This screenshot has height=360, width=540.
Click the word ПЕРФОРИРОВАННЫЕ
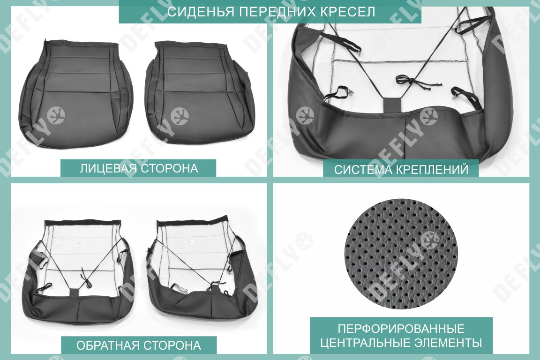click(401, 328)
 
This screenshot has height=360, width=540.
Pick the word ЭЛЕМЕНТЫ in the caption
click(448, 343)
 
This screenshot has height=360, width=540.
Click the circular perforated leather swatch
click(401, 253)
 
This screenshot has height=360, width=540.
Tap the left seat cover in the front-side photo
click(76, 94)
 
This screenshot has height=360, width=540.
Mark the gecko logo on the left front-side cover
click(56, 115)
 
